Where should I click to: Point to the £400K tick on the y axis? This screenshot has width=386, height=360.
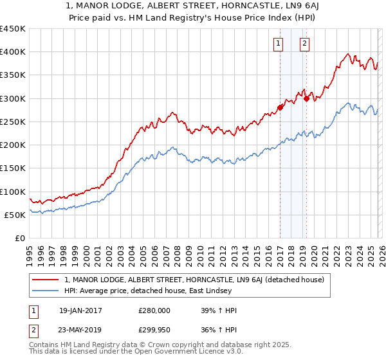coord(12,52)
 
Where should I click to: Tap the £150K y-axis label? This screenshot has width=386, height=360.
coord(12,168)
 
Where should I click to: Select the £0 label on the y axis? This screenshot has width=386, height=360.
coord(19,239)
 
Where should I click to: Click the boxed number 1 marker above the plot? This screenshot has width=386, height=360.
coord(279,44)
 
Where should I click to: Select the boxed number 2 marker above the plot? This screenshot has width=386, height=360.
coord(304,44)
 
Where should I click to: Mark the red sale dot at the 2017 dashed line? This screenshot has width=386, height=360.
coord(280,107)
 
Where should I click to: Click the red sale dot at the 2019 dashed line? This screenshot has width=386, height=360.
coord(307,98)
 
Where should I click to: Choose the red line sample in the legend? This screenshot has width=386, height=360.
coord(46,280)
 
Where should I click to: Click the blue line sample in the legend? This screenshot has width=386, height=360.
coord(46,291)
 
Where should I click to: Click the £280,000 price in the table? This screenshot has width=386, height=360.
coord(154,310)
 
